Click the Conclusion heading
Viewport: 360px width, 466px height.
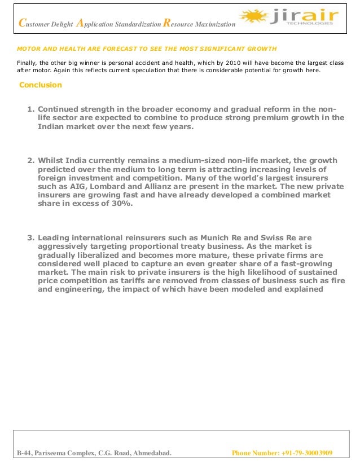tap(41, 85)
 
